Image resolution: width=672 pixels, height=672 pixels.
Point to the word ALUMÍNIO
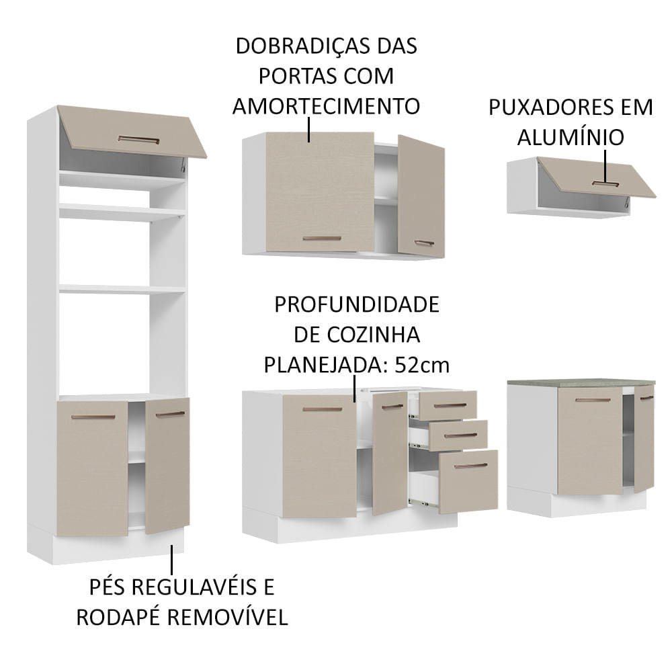pyautogui.click(x=571, y=137)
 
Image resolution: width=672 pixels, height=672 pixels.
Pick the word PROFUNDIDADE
pyautogui.click(x=356, y=304)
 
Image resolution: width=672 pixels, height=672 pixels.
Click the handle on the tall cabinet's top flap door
pyautogui.click(x=138, y=140)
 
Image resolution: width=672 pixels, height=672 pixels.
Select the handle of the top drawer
pyautogui.click(x=450, y=405)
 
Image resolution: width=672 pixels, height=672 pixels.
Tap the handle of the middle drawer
pyautogui.click(x=460, y=435)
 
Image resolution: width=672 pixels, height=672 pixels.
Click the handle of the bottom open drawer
pyautogui.click(x=470, y=465)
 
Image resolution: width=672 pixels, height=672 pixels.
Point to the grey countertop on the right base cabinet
pyautogui.click(x=581, y=382)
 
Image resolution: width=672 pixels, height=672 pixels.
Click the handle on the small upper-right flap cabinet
pyautogui.click(x=605, y=182)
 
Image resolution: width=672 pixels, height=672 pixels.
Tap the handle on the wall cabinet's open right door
pyautogui.click(x=424, y=243)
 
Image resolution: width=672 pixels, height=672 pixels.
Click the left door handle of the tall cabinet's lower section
pyautogui.click(x=93, y=417)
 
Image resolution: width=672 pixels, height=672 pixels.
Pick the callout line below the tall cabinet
pyautogui.click(x=172, y=559)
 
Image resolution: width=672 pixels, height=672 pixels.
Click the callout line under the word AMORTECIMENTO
pyautogui.click(x=309, y=130)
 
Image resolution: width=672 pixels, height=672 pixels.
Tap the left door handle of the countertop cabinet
pyautogui.click(x=593, y=400)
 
